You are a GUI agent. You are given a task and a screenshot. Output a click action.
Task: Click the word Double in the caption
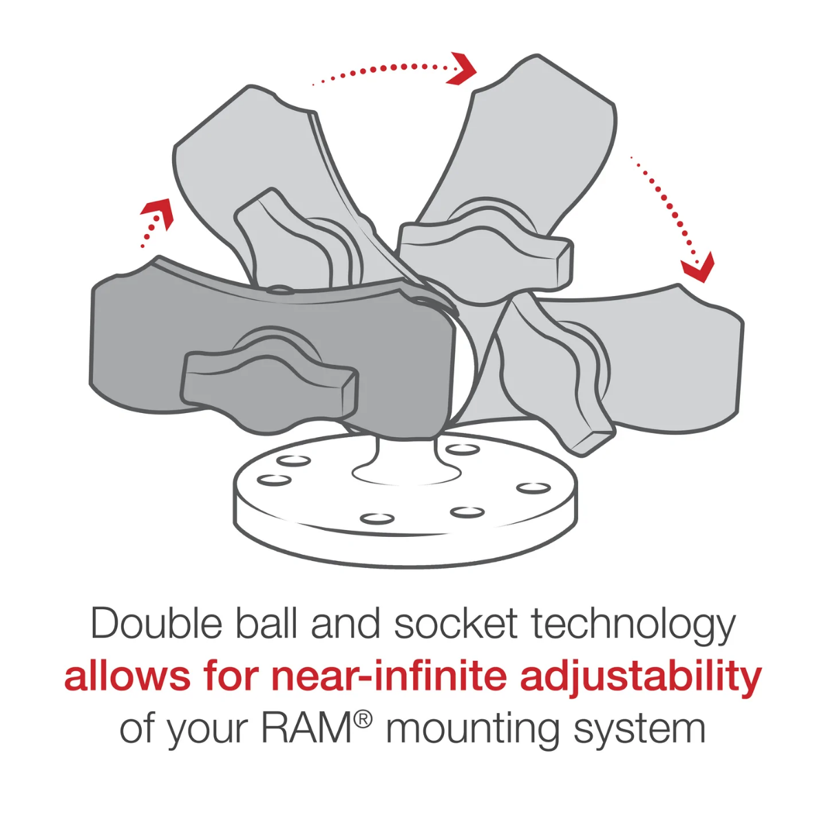pyautogui.click(x=156, y=624)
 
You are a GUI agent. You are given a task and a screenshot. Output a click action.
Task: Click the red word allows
pyautogui.click(x=127, y=677)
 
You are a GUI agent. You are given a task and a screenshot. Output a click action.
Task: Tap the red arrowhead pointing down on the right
pyautogui.click(x=698, y=268)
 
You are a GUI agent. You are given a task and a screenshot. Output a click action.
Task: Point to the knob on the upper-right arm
pyautogui.click(x=486, y=248)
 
